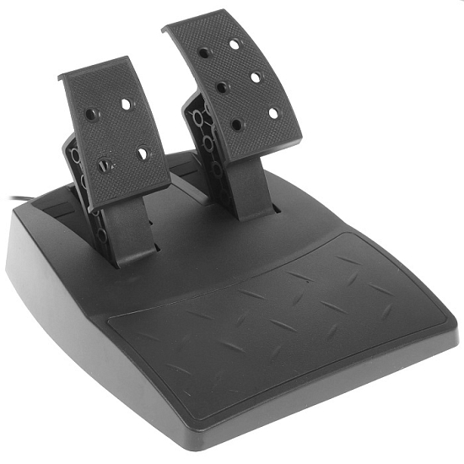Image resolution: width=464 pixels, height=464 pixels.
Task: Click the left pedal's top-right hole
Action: (x=126, y=104)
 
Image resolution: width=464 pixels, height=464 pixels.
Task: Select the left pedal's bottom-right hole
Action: (x=142, y=154)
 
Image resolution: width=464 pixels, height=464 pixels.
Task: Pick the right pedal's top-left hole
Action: (x=204, y=53)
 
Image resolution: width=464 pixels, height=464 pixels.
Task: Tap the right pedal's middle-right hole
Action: (x=254, y=77)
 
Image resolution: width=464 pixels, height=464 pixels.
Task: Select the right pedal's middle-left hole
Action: (x=222, y=87)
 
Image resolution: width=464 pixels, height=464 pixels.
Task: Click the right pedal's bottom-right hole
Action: (x=272, y=112)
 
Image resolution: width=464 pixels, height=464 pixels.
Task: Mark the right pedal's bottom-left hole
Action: (x=237, y=124)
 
